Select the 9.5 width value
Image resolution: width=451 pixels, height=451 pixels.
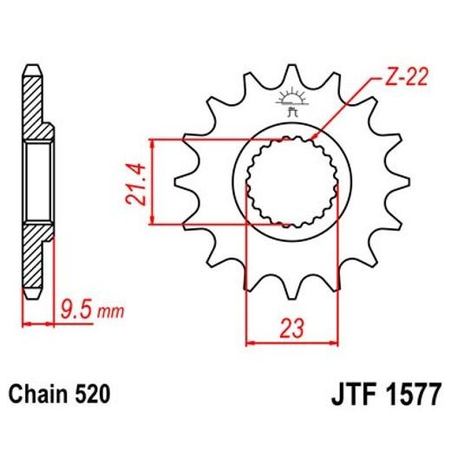[77, 308]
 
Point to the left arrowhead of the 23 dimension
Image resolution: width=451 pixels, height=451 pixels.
[252, 343]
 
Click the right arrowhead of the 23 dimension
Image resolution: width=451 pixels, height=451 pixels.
[330, 343]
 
